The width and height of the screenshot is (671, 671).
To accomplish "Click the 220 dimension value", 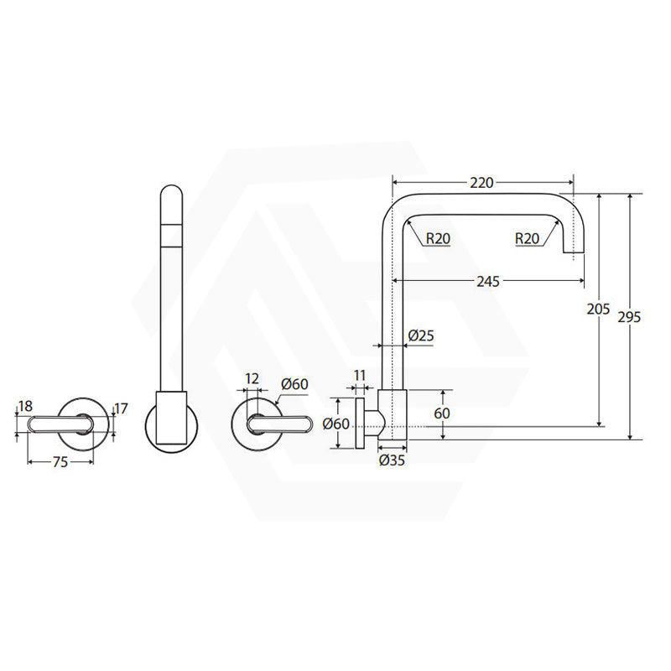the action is coord(481,183).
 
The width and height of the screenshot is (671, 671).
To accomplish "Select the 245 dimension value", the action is coord(488,281).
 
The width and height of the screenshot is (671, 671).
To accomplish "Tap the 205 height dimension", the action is coord(598,308).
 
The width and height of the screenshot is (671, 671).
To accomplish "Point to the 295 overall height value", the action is coord(629,317).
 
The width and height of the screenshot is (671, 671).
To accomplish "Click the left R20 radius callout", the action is coord(438,238).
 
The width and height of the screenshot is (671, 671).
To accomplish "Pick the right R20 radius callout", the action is coord(527,238).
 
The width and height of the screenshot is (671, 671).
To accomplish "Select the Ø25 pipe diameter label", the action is coord(421,335).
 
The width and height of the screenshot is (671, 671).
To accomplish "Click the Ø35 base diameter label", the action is coord(392,460).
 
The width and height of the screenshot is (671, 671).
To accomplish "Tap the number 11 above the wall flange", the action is coord(360,375).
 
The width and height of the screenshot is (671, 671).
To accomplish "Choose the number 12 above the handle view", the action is coord(252,378).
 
